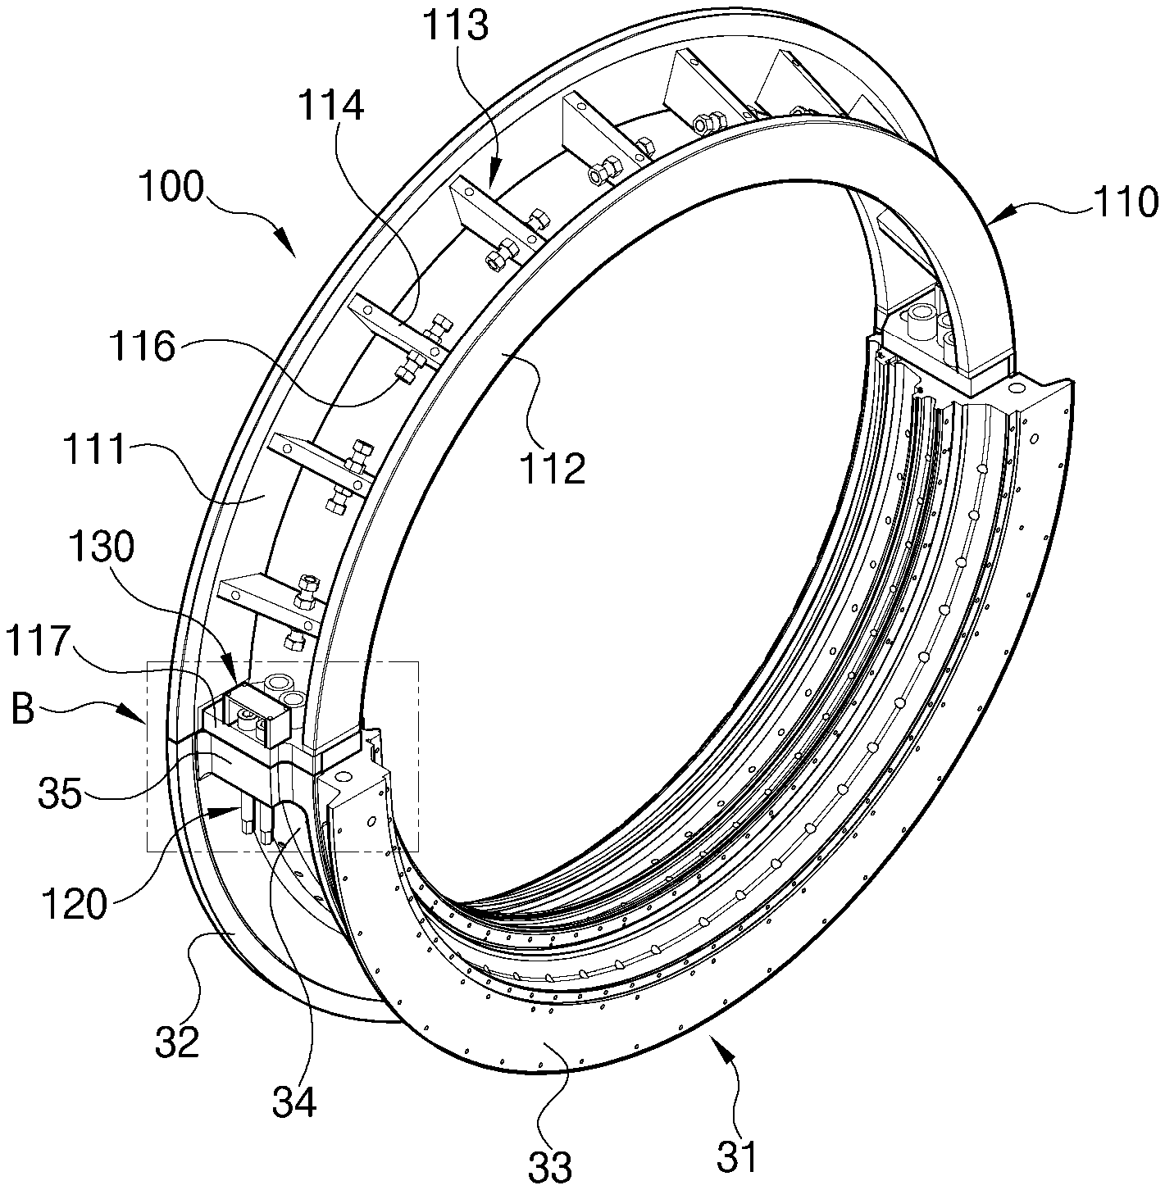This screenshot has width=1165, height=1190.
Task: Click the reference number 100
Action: (x=171, y=187)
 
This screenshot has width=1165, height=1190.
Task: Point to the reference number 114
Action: (x=332, y=104)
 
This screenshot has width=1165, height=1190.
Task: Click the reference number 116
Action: (x=143, y=347)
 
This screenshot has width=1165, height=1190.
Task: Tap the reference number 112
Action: (x=553, y=469)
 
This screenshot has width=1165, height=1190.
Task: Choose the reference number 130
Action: (x=102, y=547)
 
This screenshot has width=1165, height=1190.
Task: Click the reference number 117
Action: (x=35, y=642)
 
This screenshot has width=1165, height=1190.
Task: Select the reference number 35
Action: (x=60, y=793)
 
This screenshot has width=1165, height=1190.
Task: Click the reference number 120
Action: (x=74, y=904)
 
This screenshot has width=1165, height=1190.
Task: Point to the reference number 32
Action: (x=177, y=1042)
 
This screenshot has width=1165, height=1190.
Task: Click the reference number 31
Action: (x=737, y=1155)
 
